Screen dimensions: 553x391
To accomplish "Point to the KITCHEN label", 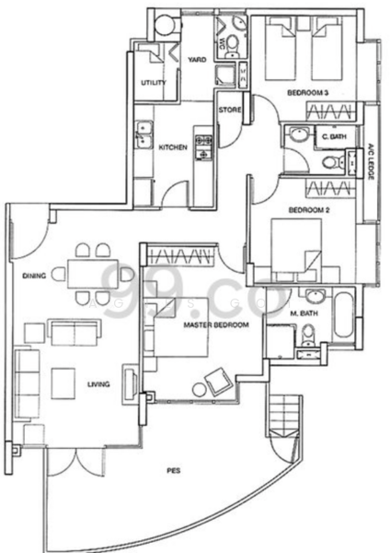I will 174,147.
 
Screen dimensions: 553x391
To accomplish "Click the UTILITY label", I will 153,84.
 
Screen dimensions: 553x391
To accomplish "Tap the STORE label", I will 229,111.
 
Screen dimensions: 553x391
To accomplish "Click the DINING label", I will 35,275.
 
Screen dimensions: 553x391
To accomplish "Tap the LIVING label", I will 99,386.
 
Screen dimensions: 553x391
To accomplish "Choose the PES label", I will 174,471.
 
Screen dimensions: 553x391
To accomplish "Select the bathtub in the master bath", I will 344,316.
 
